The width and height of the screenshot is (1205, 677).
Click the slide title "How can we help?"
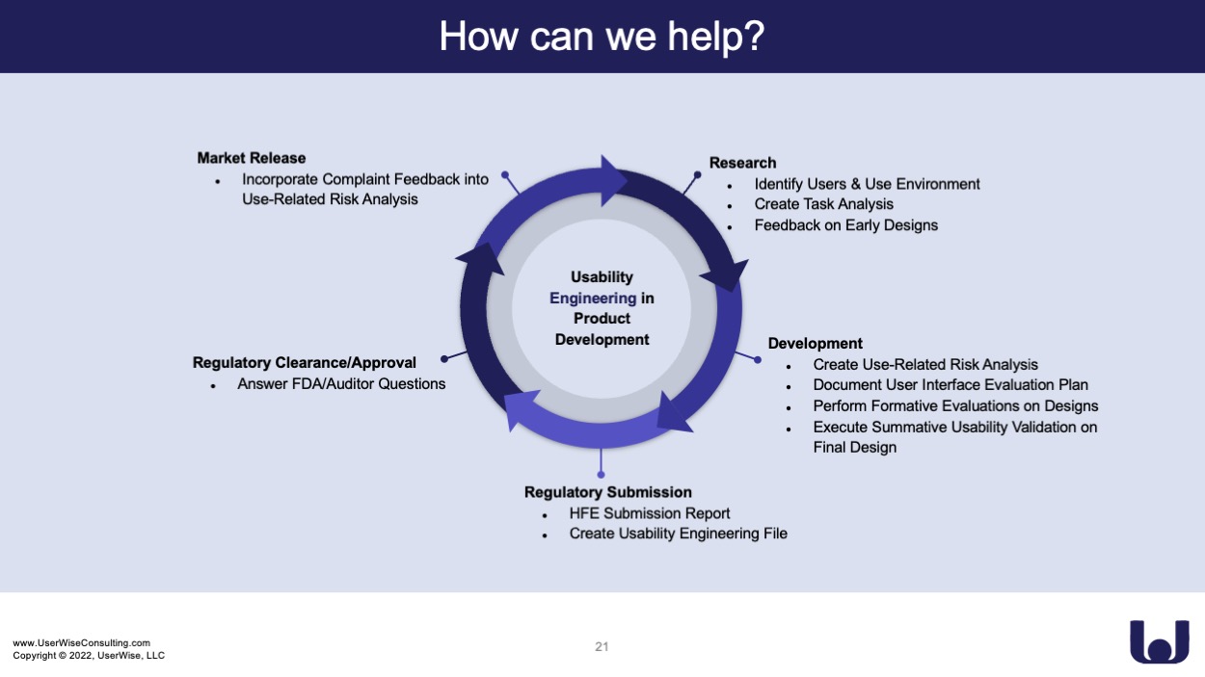pos(602,37)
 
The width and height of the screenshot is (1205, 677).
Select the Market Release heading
pos(252,158)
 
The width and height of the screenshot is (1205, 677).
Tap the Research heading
pos(742,163)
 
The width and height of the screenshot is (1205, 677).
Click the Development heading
pos(815,344)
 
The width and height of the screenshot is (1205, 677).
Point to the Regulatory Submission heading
pos(608,492)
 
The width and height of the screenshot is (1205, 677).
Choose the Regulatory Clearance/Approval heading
pos(305,363)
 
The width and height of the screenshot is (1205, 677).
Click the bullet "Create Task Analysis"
pos(823,204)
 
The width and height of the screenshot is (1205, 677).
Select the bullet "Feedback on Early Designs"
pos(845,225)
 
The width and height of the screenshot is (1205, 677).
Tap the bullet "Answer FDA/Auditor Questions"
pos(341,384)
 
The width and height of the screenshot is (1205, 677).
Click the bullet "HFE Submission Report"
pos(650,513)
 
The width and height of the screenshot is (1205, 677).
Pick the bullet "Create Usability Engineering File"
pos(678,534)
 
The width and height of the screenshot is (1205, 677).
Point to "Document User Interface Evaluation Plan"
pos(951,385)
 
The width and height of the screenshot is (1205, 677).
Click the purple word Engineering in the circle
pos(593,299)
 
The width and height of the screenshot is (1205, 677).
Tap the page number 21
pos(602,646)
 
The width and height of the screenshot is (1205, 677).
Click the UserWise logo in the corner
pos(1160,641)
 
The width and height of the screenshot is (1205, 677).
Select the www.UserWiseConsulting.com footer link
pos(82,643)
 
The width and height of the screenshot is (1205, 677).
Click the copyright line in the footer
pos(89,656)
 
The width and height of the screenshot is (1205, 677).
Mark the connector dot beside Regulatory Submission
pos(601,475)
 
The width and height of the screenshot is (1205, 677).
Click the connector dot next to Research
pos(697,174)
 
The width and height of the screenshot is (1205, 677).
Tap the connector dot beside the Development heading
pos(758,360)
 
